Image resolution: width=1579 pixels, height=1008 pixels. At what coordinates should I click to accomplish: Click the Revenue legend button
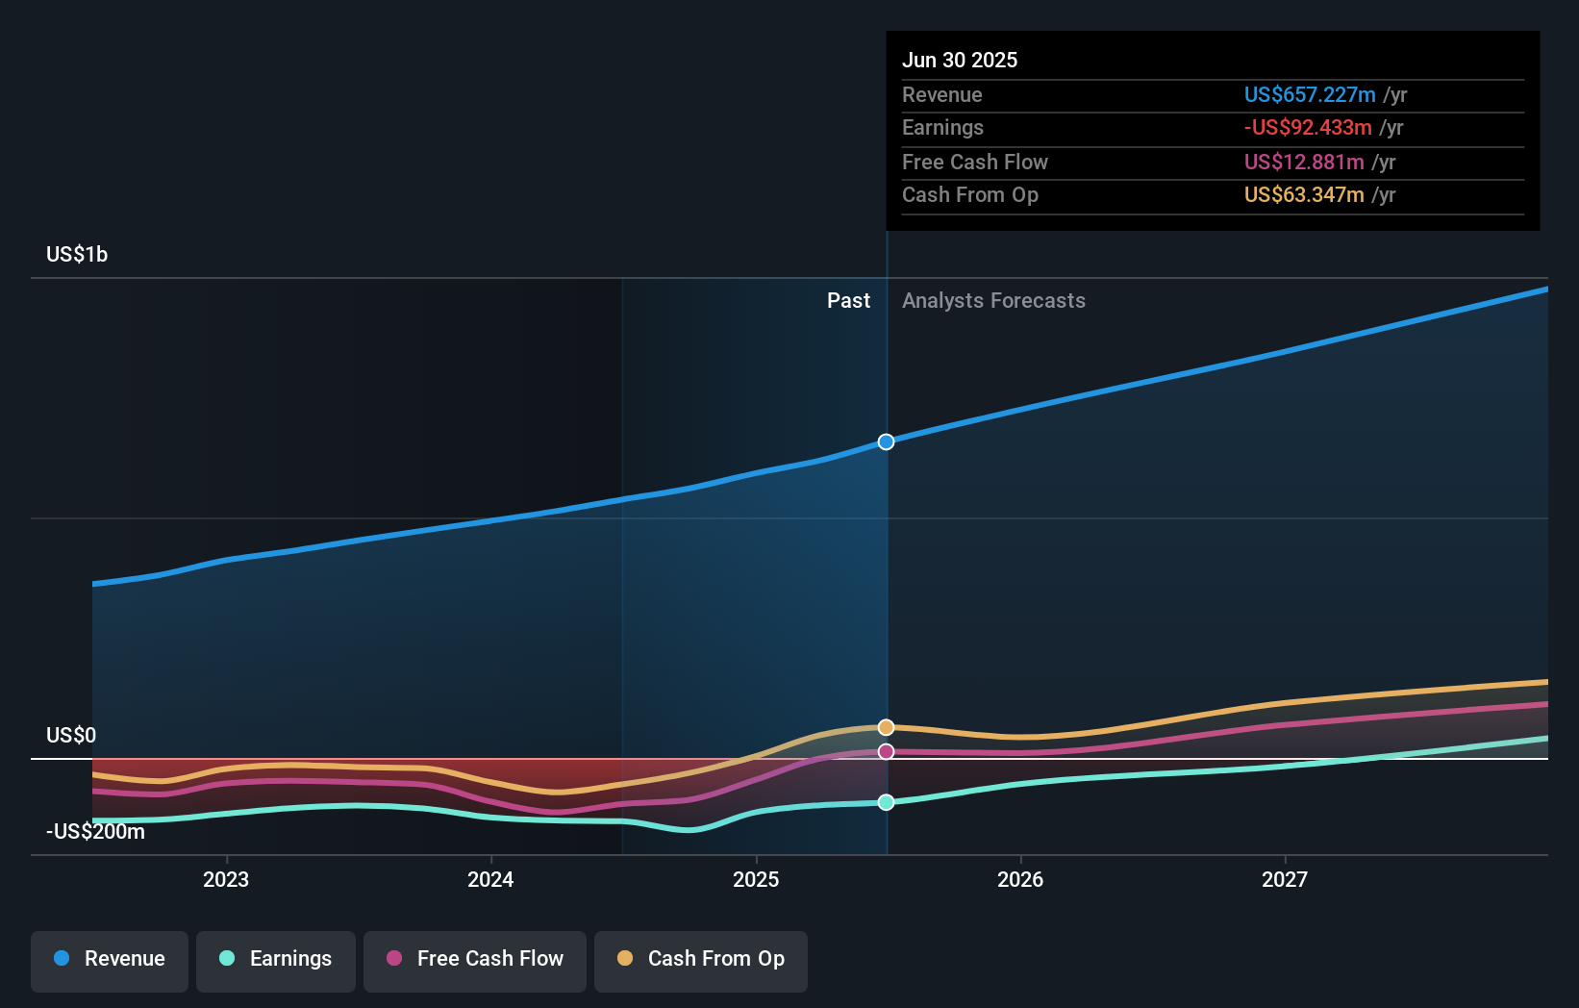click(110, 960)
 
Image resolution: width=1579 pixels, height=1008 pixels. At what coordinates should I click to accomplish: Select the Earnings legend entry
click(276, 960)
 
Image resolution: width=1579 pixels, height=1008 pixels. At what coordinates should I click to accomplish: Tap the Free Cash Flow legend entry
click(475, 960)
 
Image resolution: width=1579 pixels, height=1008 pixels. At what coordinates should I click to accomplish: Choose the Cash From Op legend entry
click(701, 960)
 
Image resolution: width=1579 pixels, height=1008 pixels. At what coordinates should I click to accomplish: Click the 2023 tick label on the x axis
click(226, 880)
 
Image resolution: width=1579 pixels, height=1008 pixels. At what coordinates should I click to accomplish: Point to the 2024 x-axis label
click(490, 880)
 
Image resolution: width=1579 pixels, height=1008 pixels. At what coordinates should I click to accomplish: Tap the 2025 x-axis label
click(756, 880)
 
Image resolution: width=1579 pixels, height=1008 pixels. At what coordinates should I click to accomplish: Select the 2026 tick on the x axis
click(1020, 880)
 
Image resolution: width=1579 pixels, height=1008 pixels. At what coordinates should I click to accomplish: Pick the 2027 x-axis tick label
click(1285, 880)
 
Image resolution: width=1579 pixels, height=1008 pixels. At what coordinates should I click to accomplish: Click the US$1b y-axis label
click(77, 255)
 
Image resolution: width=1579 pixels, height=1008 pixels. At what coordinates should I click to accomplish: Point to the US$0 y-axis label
click(71, 736)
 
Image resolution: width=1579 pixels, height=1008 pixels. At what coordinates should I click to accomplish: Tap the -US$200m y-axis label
click(95, 832)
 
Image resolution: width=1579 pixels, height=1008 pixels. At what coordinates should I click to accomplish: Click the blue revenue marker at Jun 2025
click(887, 442)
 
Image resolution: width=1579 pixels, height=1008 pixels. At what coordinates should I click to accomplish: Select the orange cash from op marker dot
click(887, 727)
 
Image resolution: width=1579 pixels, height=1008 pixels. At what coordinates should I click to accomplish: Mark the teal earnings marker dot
click(887, 802)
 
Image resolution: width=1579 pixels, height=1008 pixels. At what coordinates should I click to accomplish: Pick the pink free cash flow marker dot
click(887, 751)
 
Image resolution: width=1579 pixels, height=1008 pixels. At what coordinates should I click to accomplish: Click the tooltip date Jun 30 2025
click(960, 61)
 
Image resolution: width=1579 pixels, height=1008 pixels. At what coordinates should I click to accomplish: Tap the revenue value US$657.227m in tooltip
click(1310, 95)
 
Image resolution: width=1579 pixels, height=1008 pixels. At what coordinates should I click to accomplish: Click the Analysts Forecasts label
click(993, 301)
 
